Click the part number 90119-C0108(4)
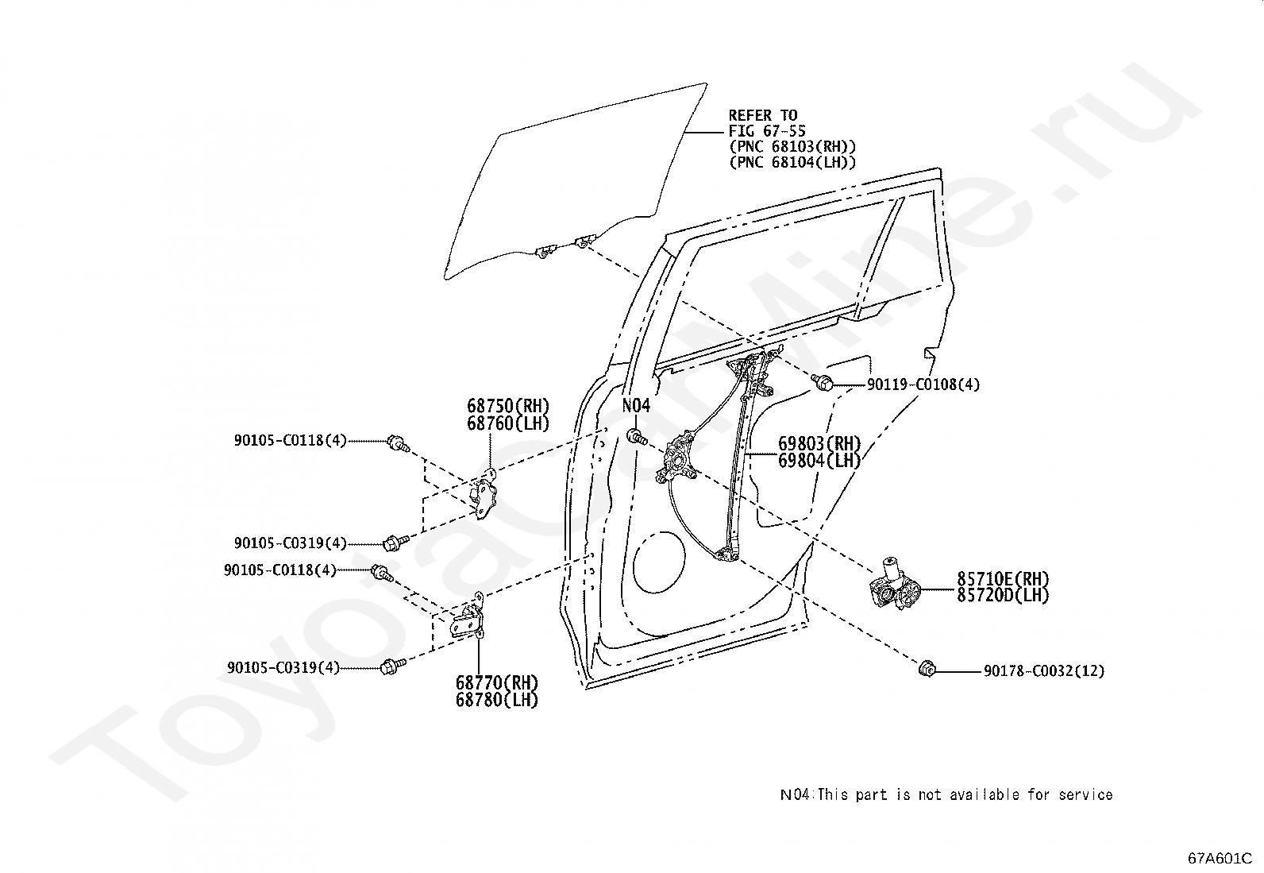923,384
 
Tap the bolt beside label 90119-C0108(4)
823,384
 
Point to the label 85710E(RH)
1002,578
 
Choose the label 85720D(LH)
1002,595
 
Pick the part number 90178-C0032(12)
1043,671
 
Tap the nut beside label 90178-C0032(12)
925,670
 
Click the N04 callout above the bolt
635,406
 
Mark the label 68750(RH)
507,406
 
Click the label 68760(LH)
507,423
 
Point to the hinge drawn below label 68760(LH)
485,496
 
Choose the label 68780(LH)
496,700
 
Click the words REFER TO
763,116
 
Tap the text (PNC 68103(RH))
792,147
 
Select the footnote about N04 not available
946,794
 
